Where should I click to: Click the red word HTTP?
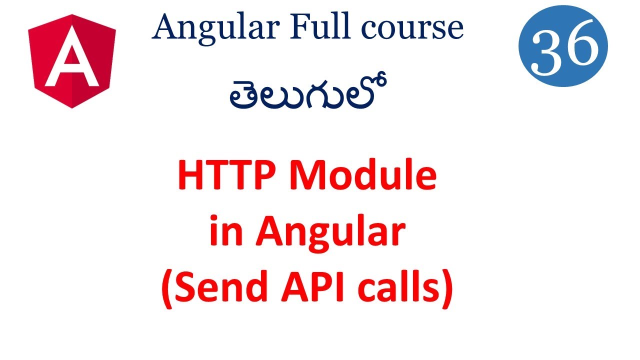(229, 177)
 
